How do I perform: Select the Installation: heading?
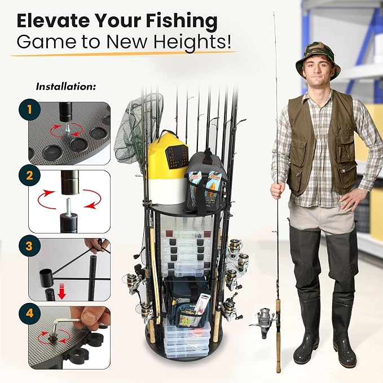pyautogui.click(x=65, y=87)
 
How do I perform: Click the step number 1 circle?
pyautogui.click(x=30, y=109)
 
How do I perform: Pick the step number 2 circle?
pyautogui.click(x=29, y=175)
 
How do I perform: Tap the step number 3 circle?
pyautogui.click(x=29, y=245)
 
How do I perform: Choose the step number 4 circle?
pyautogui.click(x=29, y=313)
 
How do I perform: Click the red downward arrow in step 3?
pyautogui.click(x=62, y=292)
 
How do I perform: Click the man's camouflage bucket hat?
pyautogui.click(x=318, y=60)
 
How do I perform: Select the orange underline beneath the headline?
pyautogui.click(x=124, y=54)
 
